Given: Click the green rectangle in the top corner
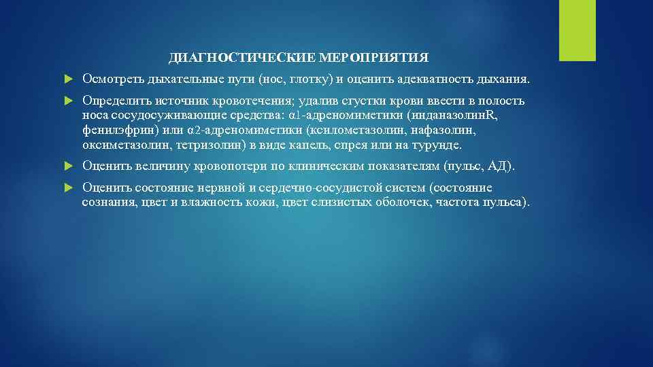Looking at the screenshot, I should pos(577,30).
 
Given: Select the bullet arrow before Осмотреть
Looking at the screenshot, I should pos(67,80).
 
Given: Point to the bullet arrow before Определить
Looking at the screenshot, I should pos(67,101).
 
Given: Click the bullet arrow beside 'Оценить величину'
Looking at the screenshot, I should pos(67,166).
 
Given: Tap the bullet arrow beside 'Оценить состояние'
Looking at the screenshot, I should pos(67,188).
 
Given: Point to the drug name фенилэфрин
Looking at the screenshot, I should pos(112,130).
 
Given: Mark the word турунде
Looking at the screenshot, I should pos(439,145).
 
